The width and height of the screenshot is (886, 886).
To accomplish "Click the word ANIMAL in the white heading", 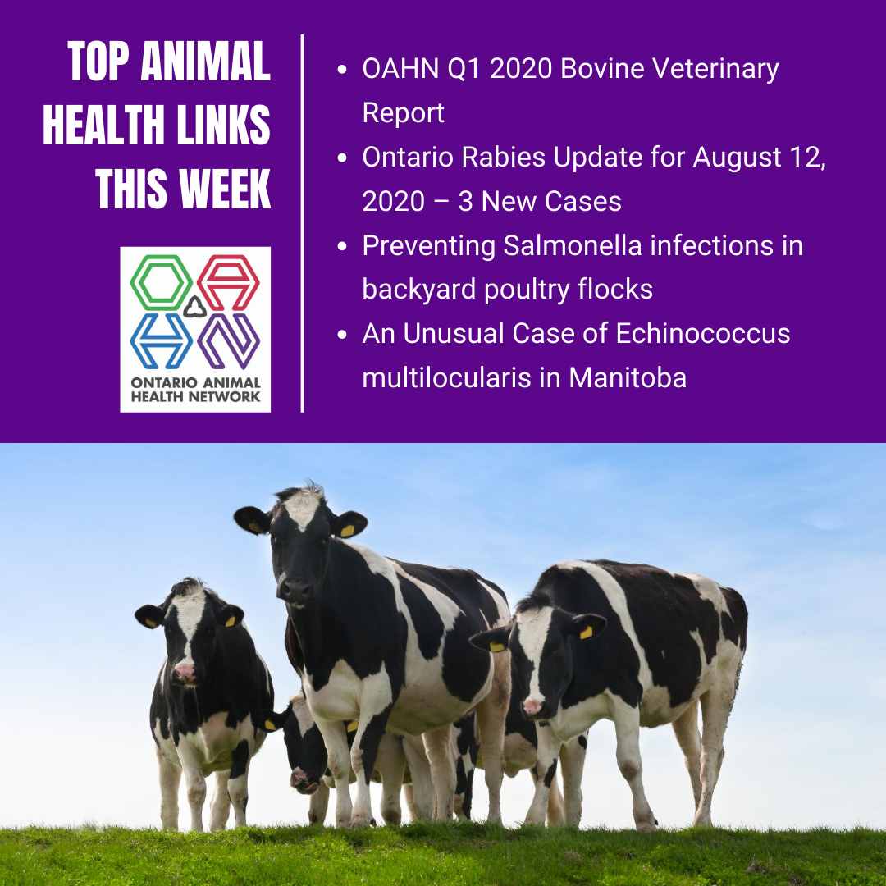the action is [x=205, y=61].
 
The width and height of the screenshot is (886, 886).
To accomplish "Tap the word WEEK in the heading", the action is [x=226, y=189].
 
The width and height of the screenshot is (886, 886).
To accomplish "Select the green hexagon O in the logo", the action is [x=161, y=282].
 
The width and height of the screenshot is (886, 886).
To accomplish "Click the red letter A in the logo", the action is [x=228, y=282].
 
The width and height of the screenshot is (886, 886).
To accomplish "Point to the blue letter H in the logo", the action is [x=161, y=341].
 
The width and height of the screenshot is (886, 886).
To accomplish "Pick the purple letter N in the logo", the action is [x=228, y=341].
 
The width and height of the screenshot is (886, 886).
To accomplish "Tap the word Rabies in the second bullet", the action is [x=504, y=157].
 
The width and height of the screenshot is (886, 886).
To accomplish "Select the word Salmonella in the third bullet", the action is [x=573, y=245].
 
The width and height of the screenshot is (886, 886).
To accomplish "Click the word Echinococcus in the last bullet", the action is [x=703, y=333].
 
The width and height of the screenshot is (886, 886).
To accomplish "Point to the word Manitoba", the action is [x=628, y=377].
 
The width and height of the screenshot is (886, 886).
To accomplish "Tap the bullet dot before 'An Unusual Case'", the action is [x=341, y=335].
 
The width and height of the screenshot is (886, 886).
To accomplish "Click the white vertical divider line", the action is [x=302, y=223].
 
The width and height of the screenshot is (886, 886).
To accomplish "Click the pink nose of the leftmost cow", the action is [x=185, y=671].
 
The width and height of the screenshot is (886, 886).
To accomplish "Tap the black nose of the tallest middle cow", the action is [x=295, y=590].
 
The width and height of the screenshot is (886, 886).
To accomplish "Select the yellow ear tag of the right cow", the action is [x=586, y=633].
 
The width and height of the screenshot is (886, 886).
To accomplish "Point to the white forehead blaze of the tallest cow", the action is [x=304, y=507].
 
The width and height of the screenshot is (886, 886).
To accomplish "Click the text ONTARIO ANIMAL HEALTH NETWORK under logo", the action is [x=195, y=390].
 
